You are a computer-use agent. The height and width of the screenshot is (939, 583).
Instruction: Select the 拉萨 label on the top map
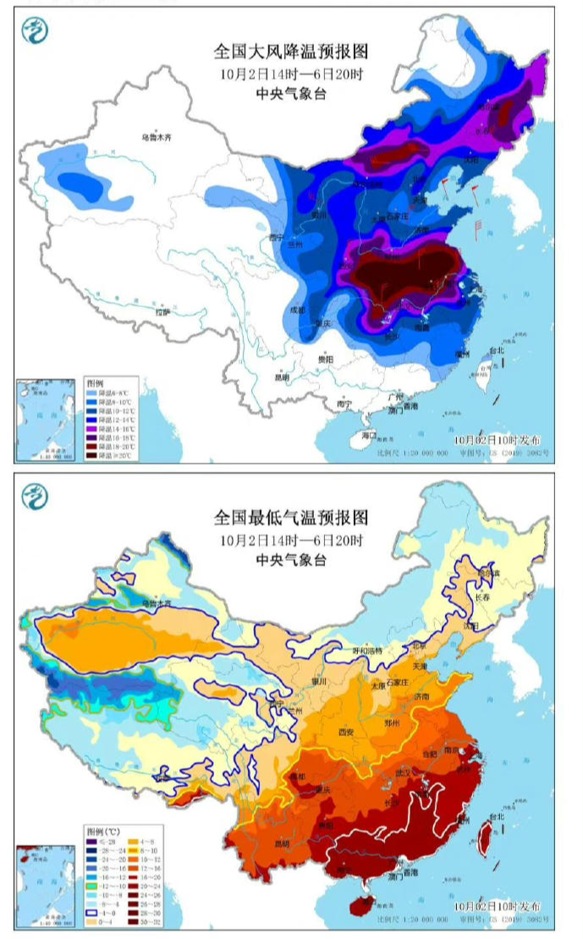point(162,313)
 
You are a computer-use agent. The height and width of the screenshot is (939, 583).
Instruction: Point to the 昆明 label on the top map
point(282,376)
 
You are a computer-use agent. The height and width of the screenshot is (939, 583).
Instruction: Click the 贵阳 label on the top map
point(326,360)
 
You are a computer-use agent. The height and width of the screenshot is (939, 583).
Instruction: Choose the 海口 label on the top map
point(368,435)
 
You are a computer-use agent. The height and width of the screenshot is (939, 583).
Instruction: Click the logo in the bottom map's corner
point(35,496)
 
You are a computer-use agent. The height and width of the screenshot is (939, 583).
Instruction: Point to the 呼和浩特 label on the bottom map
point(367,651)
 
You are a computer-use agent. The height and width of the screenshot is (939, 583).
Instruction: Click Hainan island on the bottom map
point(366,903)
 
